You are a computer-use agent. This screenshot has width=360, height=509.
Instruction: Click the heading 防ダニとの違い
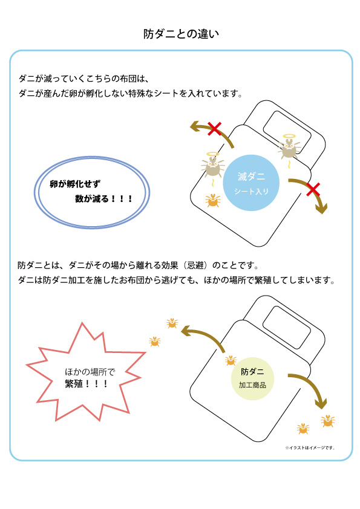(181, 34)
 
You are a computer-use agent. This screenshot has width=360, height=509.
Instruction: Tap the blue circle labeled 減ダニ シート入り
(251, 183)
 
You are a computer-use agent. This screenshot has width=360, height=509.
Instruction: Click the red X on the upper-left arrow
(214, 129)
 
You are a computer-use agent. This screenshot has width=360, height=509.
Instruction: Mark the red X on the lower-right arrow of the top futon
(313, 190)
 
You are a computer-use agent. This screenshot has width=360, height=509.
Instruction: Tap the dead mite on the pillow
(289, 149)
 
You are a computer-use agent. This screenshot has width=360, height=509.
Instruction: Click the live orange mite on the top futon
(213, 201)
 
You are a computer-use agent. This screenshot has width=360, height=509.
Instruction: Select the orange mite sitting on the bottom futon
(231, 360)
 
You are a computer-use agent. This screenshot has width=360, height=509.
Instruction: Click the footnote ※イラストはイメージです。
(310, 448)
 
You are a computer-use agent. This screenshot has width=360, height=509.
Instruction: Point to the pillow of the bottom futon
(286, 327)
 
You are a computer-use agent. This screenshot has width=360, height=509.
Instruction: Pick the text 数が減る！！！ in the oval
(104, 198)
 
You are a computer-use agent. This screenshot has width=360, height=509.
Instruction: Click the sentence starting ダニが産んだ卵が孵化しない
(131, 94)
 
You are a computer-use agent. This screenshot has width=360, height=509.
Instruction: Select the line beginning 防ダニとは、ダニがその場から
(139, 265)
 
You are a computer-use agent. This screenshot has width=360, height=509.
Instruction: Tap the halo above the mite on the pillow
(289, 136)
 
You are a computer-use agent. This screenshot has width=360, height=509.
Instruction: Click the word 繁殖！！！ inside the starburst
(87, 384)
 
